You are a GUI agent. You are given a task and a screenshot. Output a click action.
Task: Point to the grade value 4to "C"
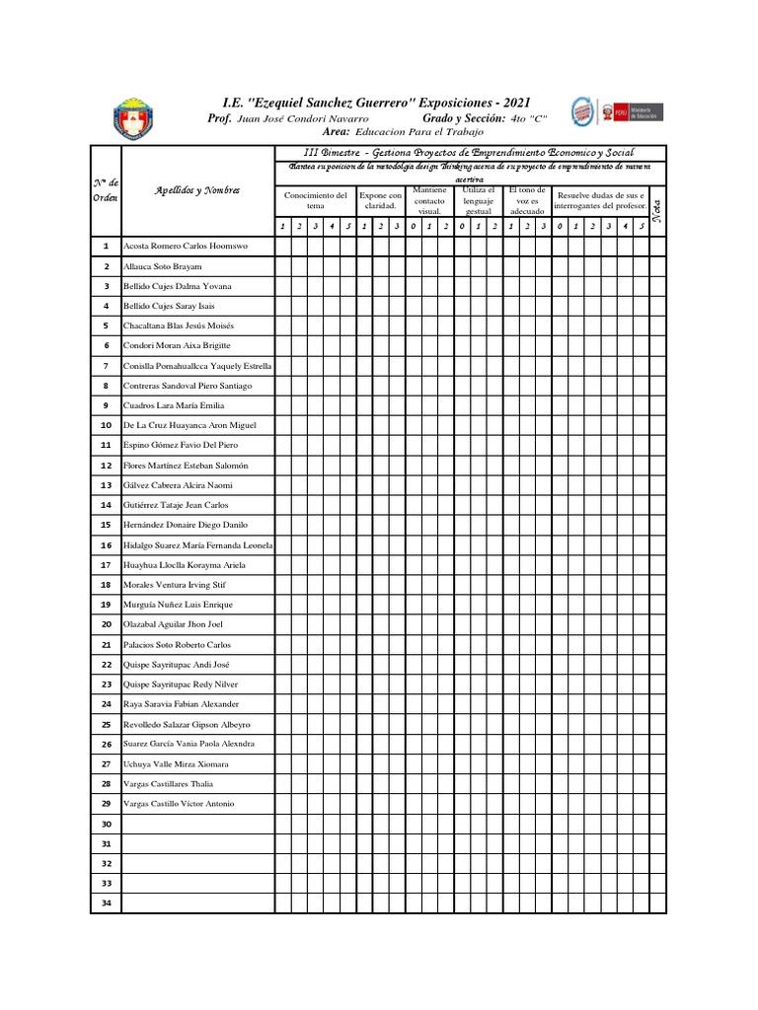coord(529,117)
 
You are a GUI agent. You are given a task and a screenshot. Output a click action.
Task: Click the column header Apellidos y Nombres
coord(197,189)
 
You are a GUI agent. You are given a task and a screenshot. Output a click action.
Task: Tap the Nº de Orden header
coord(106,190)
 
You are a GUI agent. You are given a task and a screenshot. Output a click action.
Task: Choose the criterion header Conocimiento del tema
coord(316,200)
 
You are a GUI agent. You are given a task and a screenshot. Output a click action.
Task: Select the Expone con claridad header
coord(381,200)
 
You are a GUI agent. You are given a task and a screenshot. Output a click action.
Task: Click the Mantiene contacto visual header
coord(429,200)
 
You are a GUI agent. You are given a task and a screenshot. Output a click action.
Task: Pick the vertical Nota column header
coord(658,209)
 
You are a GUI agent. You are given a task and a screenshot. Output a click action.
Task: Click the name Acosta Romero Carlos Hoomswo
coord(185,246)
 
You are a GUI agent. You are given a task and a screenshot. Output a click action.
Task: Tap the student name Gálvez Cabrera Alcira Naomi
coord(178,485)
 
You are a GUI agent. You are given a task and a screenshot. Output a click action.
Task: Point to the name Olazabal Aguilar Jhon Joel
coord(173,624)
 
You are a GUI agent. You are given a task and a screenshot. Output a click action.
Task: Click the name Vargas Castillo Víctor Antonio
coord(179,804)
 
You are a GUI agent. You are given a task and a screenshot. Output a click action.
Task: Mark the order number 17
coord(106,565)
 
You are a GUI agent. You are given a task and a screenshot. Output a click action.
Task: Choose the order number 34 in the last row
coord(106,903)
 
